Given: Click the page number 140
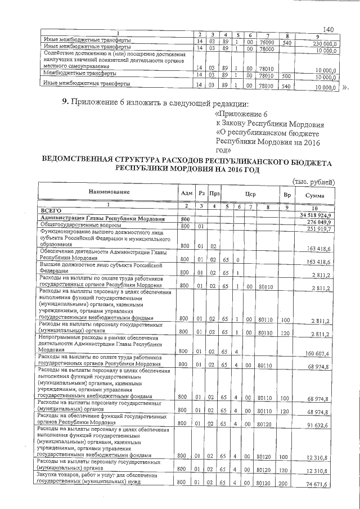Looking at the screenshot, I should [x=329, y=29].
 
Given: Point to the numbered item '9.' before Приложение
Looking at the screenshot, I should [x=65, y=102].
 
